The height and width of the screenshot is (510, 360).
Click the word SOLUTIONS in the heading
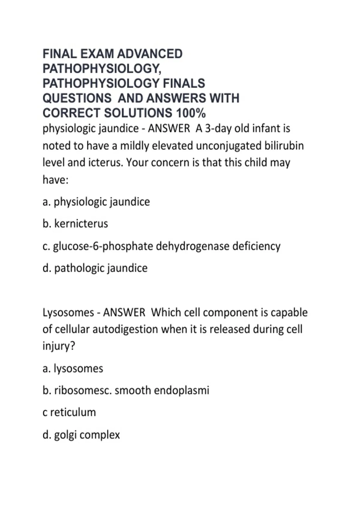(138, 113)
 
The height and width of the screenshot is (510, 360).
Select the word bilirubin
(284, 146)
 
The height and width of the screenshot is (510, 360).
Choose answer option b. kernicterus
(75, 224)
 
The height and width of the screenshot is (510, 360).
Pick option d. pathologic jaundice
(95, 268)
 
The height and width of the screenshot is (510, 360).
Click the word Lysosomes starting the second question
(68, 313)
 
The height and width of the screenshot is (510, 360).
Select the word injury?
(59, 346)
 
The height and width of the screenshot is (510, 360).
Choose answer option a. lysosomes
(73, 368)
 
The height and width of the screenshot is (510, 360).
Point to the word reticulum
(73, 412)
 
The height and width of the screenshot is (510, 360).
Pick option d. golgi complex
(81, 435)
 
